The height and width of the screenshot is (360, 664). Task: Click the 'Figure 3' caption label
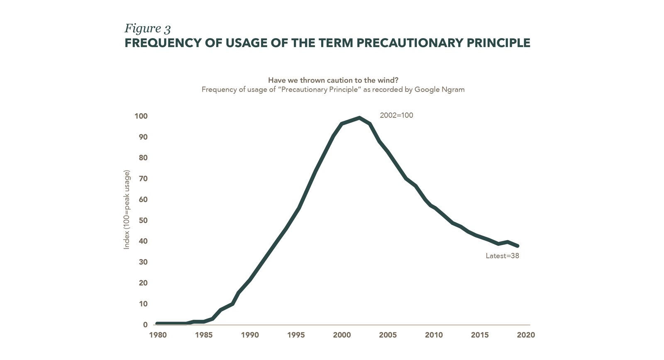(148, 29)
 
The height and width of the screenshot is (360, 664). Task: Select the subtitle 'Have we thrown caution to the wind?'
(333, 80)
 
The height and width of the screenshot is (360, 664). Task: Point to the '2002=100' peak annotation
(396, 116)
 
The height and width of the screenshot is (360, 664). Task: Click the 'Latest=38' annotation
(502, 256)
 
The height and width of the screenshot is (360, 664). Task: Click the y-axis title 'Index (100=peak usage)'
(127, 209)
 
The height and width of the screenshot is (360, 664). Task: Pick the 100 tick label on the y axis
(141, 116)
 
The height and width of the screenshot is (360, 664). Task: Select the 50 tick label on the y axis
(143, 220)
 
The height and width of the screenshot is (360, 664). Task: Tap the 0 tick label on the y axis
(145, 325)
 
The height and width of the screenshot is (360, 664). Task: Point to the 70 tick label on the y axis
(143, 179)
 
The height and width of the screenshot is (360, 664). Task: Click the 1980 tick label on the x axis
(158, 335)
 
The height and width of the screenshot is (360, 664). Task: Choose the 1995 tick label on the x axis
(295, 335)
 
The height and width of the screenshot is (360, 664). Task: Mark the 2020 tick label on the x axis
(526, 335)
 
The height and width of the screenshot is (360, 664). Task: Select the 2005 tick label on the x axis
(388, 335)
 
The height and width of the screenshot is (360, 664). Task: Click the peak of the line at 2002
(359, 118)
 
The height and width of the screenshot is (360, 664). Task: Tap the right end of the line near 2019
(517, 246)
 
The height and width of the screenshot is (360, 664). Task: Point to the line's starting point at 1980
(157, 324)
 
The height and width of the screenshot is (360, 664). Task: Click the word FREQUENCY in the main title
(156, 43)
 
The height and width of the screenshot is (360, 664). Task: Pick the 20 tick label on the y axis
(143, 283)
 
